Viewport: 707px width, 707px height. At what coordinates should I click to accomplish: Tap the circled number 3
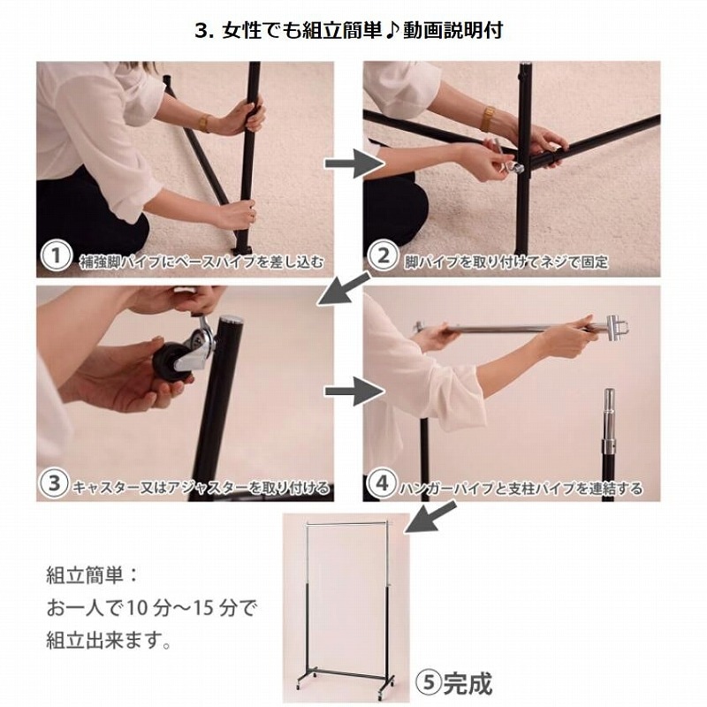[x=55, y=484]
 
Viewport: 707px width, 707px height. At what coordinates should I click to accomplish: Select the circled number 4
[x=382, y=484]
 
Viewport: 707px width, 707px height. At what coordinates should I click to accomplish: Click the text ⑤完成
[x=452, y=681]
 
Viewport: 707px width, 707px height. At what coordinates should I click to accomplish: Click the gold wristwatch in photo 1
[x=204, y=122]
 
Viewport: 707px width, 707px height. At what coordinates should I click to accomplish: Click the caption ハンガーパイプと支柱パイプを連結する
[x=522, y=487]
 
